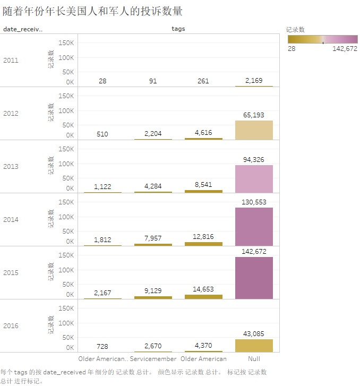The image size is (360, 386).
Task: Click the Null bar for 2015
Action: [x=254, y=278]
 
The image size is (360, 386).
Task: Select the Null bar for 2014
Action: [x=254, y=227]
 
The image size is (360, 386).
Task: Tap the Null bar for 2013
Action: [x=254, y=179]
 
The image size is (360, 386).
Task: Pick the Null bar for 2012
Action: [x=254, y=130]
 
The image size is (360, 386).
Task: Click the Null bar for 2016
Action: [x=254, y=346]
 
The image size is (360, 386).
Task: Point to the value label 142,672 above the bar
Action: [x=254, y=251]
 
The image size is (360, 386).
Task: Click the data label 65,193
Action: [x=254, y=115]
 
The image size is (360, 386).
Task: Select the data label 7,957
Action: [x=153, y=239]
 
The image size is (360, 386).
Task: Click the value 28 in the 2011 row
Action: [x=102, y=81]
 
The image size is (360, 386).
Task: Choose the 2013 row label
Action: [x=11, y=166]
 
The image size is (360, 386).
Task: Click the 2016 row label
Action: [x=11, y=325]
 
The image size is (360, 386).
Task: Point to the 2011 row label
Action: [x=11, y=60]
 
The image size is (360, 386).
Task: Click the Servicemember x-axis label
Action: [x=153, y=359]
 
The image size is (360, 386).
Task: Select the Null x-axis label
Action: [x=254, y=359]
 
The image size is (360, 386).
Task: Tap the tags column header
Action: [x=178, y=29]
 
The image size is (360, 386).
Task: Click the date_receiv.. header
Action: [x=22, y=29]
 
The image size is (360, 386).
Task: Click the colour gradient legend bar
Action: [x=322, y=39]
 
